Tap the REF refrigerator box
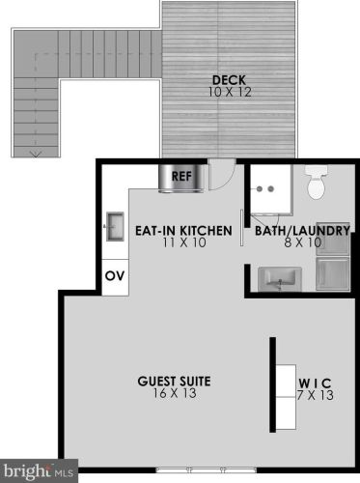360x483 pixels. pos(180,177)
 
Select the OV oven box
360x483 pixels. pos(114,275)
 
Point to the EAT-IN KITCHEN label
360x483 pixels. pos(184,231)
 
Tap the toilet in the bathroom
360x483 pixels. pos(316,183)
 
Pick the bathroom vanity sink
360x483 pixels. pos(282,277)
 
